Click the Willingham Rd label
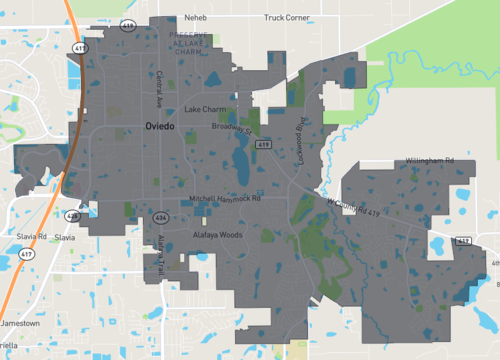tap(430, 161)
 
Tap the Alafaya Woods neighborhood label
tap(218, 235)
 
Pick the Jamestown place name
tap(20, 324)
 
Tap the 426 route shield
tap(72, 215)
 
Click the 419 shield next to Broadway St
tap(262, 145)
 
